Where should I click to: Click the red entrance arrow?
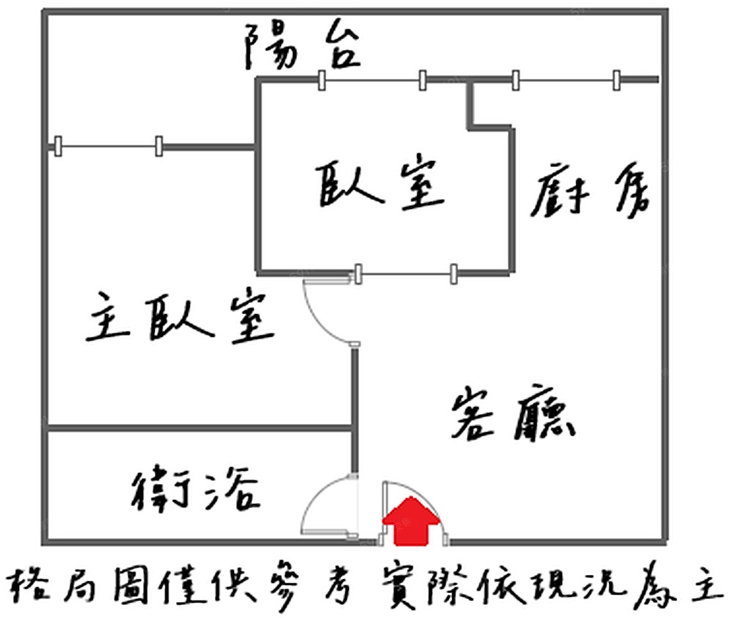tap(412, 521)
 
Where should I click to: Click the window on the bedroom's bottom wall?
tap(405, 274)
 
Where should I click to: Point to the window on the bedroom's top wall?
tap(372, 80)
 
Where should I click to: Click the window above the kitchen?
tap(565, 80)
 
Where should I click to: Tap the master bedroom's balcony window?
tap(108, 146)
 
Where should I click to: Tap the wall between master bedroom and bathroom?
tap(198, 428)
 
